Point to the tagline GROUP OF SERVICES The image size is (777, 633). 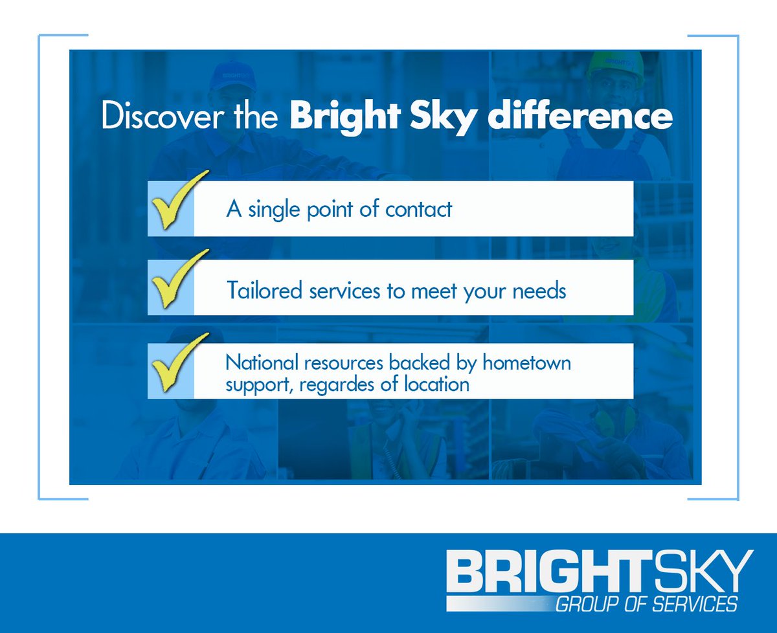coord(646,605)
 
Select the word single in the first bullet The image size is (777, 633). coord(273,210)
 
